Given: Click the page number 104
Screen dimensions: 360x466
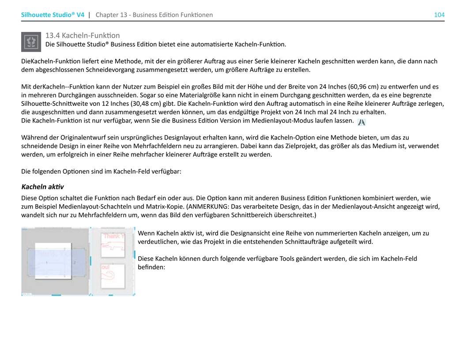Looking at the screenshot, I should (x=439, y=15).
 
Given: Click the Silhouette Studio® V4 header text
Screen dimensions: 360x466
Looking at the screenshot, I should (x=53, y=15).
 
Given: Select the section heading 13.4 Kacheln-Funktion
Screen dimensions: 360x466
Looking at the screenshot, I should (x=83, y=35).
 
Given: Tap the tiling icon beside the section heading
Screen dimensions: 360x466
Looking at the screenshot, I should (x=31, y=41).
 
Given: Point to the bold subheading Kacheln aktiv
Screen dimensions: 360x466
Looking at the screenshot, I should (x=42, y=187).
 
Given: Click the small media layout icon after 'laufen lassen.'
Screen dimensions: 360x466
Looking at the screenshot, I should (x=361, y=122).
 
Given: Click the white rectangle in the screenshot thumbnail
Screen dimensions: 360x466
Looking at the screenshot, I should (x=53, y=261).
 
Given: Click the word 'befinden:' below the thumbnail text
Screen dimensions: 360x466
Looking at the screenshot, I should (x=151, y=267).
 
